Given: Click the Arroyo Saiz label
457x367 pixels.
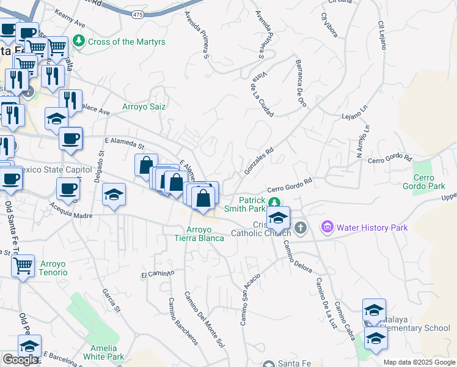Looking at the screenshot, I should (144, 106).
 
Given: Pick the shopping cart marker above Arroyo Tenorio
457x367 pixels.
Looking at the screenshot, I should (23, 265).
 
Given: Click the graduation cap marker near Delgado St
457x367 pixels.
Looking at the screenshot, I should (114, 195).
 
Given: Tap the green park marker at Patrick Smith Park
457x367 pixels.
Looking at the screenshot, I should (274, 201).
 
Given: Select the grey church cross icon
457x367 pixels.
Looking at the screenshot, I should (300, 228).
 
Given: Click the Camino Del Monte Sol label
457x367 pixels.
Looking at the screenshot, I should (209, 322).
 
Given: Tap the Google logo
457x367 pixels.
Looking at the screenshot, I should (20, 360).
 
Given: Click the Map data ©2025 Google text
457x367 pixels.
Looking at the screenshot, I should (419, 362).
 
